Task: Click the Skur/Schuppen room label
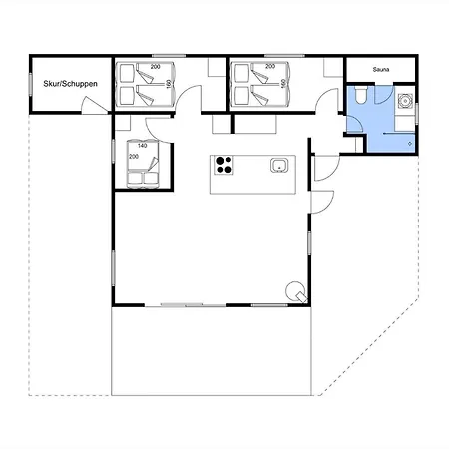click(x=70, y=84)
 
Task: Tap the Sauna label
click(x=381, y=70)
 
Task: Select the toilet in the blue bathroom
click(x=360, y=94)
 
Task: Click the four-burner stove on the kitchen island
click(x=224, y=165)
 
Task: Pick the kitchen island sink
click(x=279, y=165)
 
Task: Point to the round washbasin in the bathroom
click(x=405, y=101)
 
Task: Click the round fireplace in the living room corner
click(x=296, y=291)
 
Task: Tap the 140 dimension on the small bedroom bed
click(x=142, y=146)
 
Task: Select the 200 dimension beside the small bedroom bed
click(x=134, y=156)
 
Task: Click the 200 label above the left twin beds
click(x=155, y=67)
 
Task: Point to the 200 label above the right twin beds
click(x=270, y=66)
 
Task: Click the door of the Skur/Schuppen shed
click(x=95, y=105)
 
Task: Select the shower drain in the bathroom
click(x=410, y=144)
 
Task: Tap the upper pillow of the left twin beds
click(x=127, y=73)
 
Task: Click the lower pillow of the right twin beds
click(x=242, y=95)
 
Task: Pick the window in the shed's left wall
click(x=30, y=85)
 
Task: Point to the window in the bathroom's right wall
click(x=417, y=109)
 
